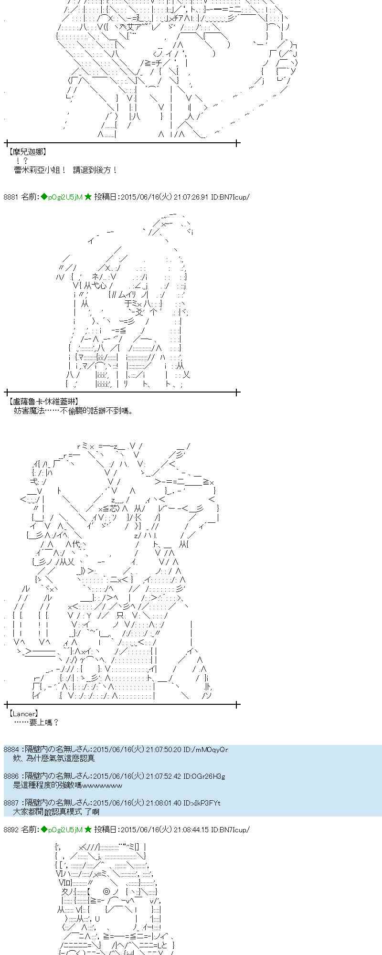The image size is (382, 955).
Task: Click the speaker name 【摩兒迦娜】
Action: tap(27, 152)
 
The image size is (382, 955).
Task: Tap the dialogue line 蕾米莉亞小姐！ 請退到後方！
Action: tap(65, 170)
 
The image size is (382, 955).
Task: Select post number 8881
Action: tap(11, 197)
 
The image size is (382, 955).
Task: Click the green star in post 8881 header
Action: tap(88, 197)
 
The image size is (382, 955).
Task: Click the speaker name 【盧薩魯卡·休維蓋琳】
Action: tap(43, 402)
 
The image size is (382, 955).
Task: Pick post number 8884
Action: tap(11, 750)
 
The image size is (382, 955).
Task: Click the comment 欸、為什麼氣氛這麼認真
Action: tap(54, 758)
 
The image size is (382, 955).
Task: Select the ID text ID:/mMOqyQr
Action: tap(205, 750)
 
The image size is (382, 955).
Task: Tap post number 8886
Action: tap(11, 776)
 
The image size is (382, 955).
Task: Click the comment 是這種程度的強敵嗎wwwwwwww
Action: tap(68, 785)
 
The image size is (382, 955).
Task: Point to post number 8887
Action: tap(11, 803)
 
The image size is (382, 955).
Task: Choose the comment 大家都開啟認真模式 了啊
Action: tap(56, 812)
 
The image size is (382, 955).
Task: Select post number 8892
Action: tap(11, 830)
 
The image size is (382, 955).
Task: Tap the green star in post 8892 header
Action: tap(88, 830)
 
